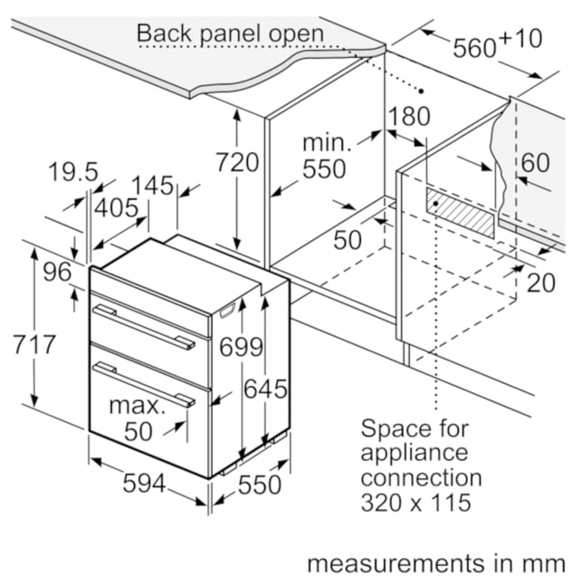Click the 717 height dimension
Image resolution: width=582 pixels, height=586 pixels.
click(34, 344)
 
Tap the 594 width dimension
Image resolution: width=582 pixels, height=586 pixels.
click(144, 484)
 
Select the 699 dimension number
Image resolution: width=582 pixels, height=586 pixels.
click(242, 347)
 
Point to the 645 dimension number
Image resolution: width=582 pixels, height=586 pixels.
click(265, 389)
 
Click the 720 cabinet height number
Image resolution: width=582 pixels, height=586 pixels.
click(237, 162)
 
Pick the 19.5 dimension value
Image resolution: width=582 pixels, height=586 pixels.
click(73, 172)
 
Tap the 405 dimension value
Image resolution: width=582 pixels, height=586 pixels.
click(116, 208)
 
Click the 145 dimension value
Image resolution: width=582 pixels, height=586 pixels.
click(153, 186)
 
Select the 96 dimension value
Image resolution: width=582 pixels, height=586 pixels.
click(57, 272)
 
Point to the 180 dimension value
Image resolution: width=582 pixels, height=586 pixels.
click(409, 116)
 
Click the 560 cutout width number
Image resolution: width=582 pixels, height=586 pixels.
click(474, 48)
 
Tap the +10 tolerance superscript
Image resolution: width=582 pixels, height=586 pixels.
click(520, 39)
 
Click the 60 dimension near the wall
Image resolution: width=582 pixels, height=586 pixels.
click(535, 163)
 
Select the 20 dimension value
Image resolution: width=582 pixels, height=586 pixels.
click(541, 283)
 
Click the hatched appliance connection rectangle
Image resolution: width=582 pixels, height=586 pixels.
click(460, 213)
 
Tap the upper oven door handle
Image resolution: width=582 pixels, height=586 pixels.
click(144, 327)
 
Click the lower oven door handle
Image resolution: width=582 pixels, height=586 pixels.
click(144, 384)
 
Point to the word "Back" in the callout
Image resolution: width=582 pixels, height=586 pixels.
click(166, 34)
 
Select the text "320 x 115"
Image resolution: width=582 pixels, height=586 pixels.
click(415, 503)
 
